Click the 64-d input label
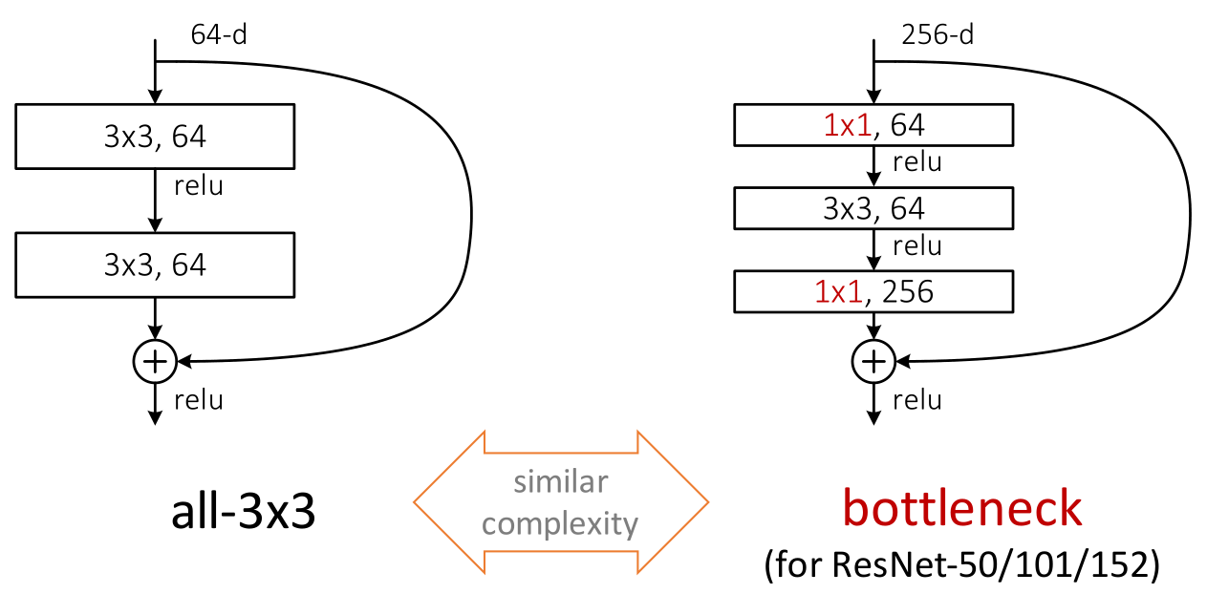pyautogui.click(x=220, y=35)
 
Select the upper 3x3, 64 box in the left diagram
pyautogui.click(x=155, y=137)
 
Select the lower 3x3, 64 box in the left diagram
pyautogui.click(x=155, y=265)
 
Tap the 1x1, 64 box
pyautogui.click(x=873, y=125)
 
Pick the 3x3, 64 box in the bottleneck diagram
pyautogui.click(x=873, y=208)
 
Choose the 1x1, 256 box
pyautogui.click(x=873, y=291)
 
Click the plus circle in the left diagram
pyautogui.click(x=154, y=361)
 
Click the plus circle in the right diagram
pyautogui.click(x=873, y=361)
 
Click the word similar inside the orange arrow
pyautogui.click(x=560, y=482)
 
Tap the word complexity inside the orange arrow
pyautogui.click(x=560, y=523)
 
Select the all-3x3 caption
pyautogui.click(x=244, y=514)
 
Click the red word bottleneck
pyautogui.click(x=961, y=509)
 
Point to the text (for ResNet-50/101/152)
pyautogui.click(x=961, y=565)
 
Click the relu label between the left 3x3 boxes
pyautogui.click(x=198, y=185)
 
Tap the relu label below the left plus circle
pyautogui.click(x=198, y=399)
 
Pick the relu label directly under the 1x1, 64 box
pyautogui.click(x=916, y=162)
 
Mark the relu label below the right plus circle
pyautogui.click(x=916, y=399)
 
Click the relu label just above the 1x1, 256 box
pyautogui.click(x=916, y=246)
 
